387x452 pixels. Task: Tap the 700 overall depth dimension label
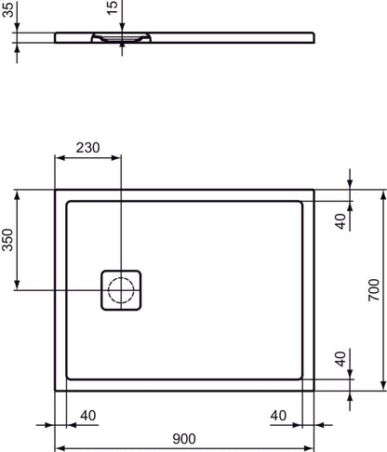click(x=373, y=290)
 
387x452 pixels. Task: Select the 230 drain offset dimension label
click(x=87, y=148)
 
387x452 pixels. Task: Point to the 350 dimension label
click(x=8, y=241)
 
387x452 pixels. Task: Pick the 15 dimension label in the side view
click(x=112, y=9)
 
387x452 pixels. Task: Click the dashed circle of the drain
click(x=121, y=291)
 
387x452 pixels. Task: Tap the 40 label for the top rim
click(x=340, y=220)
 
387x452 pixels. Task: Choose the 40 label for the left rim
click(x=88, y=415)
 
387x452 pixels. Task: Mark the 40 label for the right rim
click(x=277, y=415)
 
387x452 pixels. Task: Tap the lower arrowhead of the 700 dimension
click(x=380, y=386)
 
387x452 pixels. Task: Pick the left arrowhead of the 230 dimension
click(x=59, y=157)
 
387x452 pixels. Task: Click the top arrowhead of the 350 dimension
click(x=18, y=194)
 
